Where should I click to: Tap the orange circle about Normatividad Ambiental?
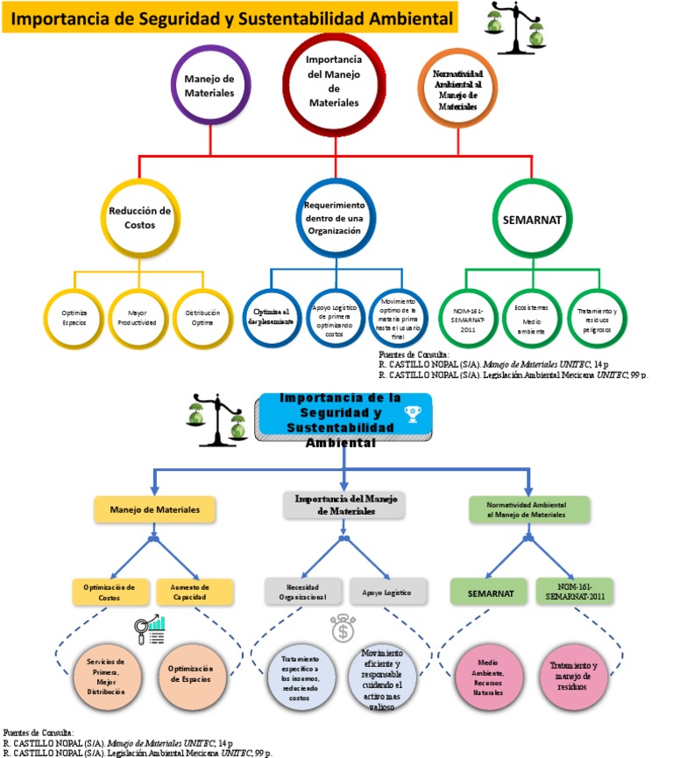[x=456, y=87]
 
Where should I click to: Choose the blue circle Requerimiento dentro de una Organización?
[x=333, y=218]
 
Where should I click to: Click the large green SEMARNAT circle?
[x=532, y=219]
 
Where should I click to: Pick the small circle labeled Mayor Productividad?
[x=137, y=317]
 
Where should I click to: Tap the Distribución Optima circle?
[x=202, y=317]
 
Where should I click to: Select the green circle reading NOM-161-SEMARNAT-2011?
[x=468, y=317]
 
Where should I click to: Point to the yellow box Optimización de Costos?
[x=109, y=593]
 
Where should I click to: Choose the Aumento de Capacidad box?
[x=195, y=593]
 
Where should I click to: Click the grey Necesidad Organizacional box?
[x=301, y=592]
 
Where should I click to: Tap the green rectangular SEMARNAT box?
[x=488, y=592]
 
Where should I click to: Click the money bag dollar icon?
[x=343, y=629]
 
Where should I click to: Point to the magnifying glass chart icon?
[x=151, y=630]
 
